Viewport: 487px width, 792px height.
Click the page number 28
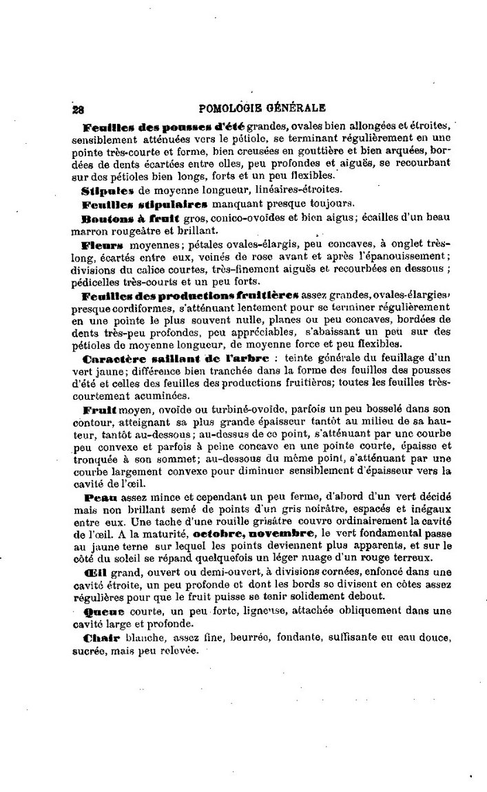click(76, 107)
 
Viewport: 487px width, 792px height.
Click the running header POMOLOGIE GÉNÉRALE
click(261, 107)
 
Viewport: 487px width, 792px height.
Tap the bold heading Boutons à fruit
click(121, 217)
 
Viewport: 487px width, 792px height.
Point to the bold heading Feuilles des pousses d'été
click(163, 126)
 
